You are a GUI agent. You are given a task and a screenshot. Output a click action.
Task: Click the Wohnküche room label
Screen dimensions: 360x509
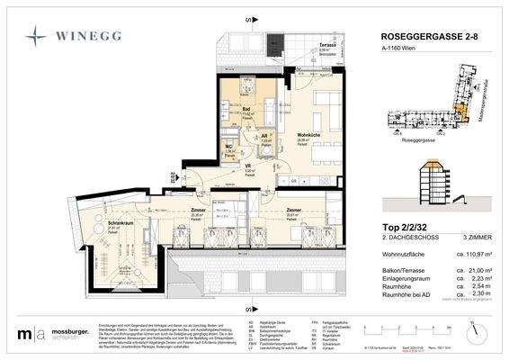coord(310,135)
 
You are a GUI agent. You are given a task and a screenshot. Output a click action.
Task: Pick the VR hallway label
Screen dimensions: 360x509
coord(247,166)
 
